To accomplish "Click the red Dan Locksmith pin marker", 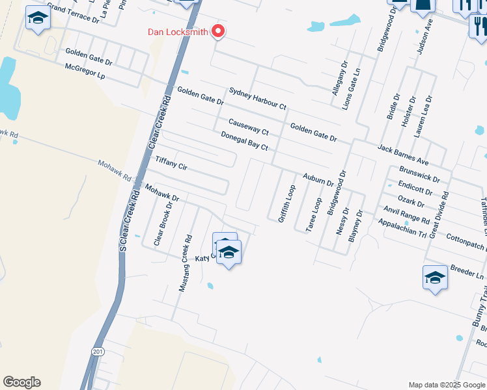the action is pos(219,31).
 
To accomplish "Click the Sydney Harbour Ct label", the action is pos(257,99).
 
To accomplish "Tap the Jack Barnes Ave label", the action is pos(403,155).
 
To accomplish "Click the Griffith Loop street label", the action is pos(286,203).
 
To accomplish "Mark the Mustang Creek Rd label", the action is pos(186,262).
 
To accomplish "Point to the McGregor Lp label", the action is pos(85,72).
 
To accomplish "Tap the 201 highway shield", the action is pos(97,351).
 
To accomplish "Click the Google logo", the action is pos(21,382).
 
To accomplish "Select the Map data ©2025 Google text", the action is pos(446,385).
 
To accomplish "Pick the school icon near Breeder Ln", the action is pos(435,279).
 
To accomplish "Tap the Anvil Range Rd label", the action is pos(406,213).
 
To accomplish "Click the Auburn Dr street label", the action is pos(318,179).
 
